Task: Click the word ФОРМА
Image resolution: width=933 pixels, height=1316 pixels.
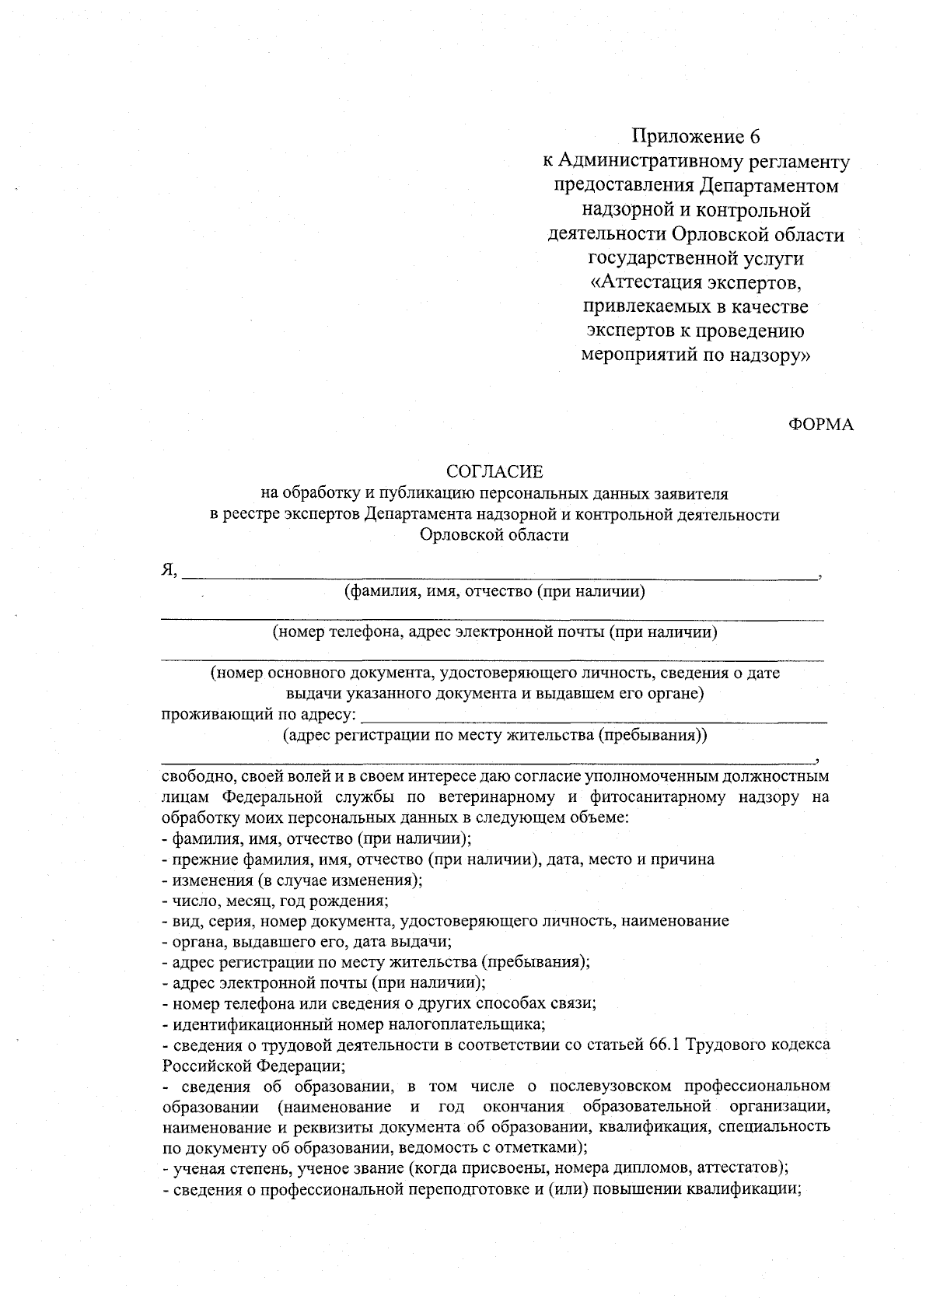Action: click(821, 424)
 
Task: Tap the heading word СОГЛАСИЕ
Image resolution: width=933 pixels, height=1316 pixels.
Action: click(494, 472)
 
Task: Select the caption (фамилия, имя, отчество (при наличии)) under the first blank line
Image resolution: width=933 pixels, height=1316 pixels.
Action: click(495, 592)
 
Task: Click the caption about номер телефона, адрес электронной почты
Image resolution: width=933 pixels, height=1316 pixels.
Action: click(494, 632)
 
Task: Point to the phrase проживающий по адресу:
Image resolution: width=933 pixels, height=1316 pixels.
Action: click(260, 714)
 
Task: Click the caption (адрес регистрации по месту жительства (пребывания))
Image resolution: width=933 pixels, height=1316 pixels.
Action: click(494, 735)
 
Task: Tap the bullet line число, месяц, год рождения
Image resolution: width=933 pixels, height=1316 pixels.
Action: click(275, 901)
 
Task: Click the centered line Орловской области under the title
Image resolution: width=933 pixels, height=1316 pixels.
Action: click(494, 535)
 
